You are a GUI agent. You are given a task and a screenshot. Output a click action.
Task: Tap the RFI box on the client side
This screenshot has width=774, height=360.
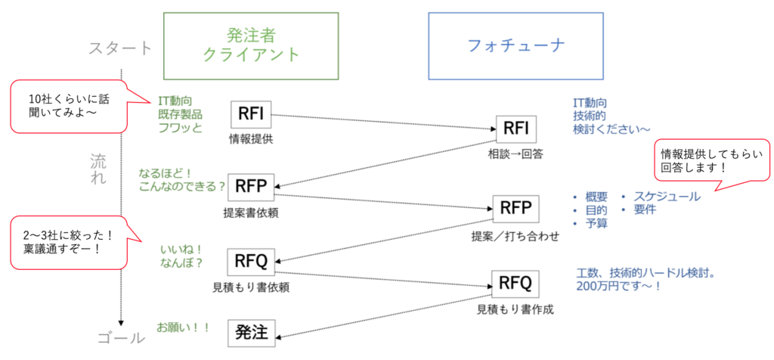pyautogui.click(x=250, y=115)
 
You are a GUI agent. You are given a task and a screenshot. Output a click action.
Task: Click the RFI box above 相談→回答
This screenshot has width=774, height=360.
pyautogui.click(x=515, y=129)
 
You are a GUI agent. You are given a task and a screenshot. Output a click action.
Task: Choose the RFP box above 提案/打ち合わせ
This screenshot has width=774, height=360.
pyautogui.click(x=515, y=208)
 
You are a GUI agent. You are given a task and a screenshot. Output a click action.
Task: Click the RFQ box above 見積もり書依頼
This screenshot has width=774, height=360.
pyautogui.click(x=251, y=262)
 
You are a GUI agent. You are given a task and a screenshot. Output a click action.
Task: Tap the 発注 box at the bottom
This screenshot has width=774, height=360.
pyautogui.click(x=251, y=331)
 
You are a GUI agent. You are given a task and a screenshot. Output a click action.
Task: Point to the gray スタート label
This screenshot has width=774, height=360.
pyautogui.click(x=120, y=48)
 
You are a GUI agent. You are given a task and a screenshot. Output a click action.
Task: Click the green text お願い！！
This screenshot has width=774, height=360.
pyautogui.click(x=182, y=327)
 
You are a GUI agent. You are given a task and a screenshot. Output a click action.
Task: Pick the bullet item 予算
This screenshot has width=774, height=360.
pyautogui.click(x=597, y=224)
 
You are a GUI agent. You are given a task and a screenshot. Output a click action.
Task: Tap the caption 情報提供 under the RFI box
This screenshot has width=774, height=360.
pyautogui.click(x=250, y=139)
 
